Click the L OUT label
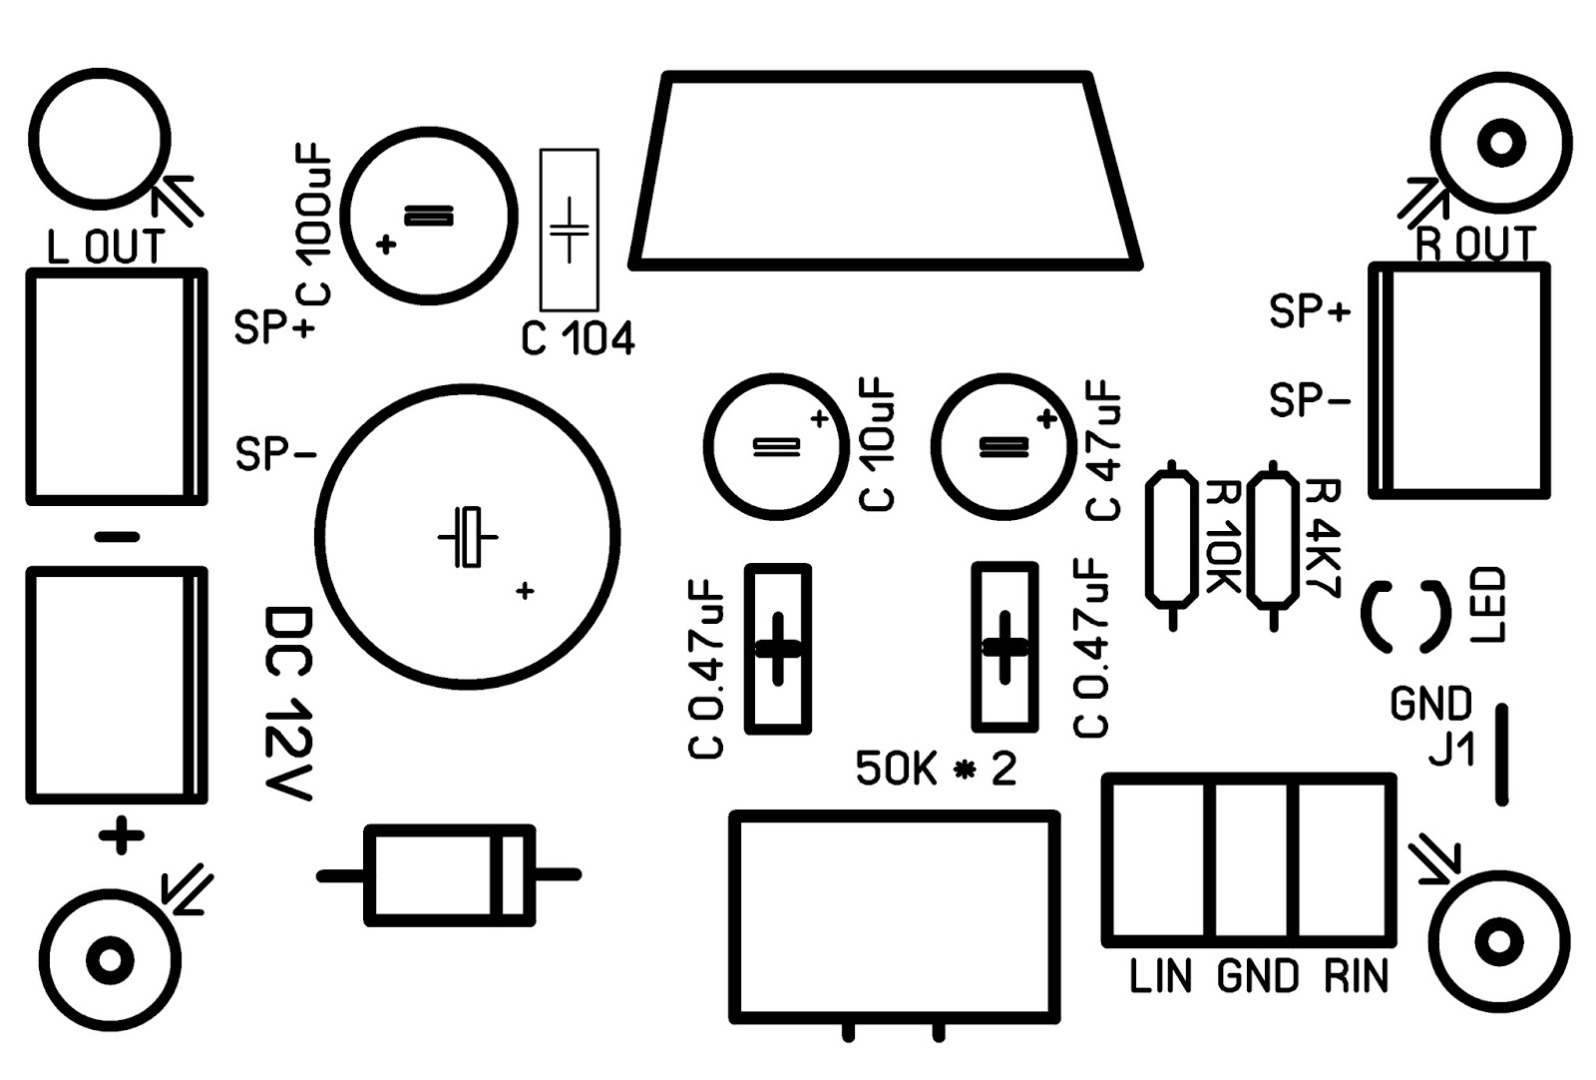point(105,248)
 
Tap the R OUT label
point(1476,244)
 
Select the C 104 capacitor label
point(578,340)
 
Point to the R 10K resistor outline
point(1171,539)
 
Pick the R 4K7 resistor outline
point(1274,539)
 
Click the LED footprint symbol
point(1405,618)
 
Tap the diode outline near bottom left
point(449,875)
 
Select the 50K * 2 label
point(936,770)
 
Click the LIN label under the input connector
point(1161,976)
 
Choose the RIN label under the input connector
point(1357,976)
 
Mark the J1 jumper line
point(1501,754)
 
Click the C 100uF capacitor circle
point(429,215)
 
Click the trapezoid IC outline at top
point(886,170)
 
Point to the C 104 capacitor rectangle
point(570,230)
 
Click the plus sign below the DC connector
point(121,835)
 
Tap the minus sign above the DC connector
point(118,537)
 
